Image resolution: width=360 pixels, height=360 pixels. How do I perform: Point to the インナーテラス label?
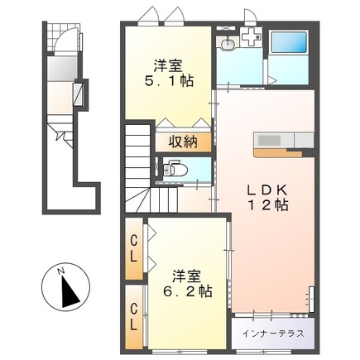273,334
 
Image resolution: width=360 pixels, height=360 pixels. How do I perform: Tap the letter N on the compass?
58,268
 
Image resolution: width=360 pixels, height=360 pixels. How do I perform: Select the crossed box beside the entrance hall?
79,94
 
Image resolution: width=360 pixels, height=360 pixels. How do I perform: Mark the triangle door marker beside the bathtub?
271,80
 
